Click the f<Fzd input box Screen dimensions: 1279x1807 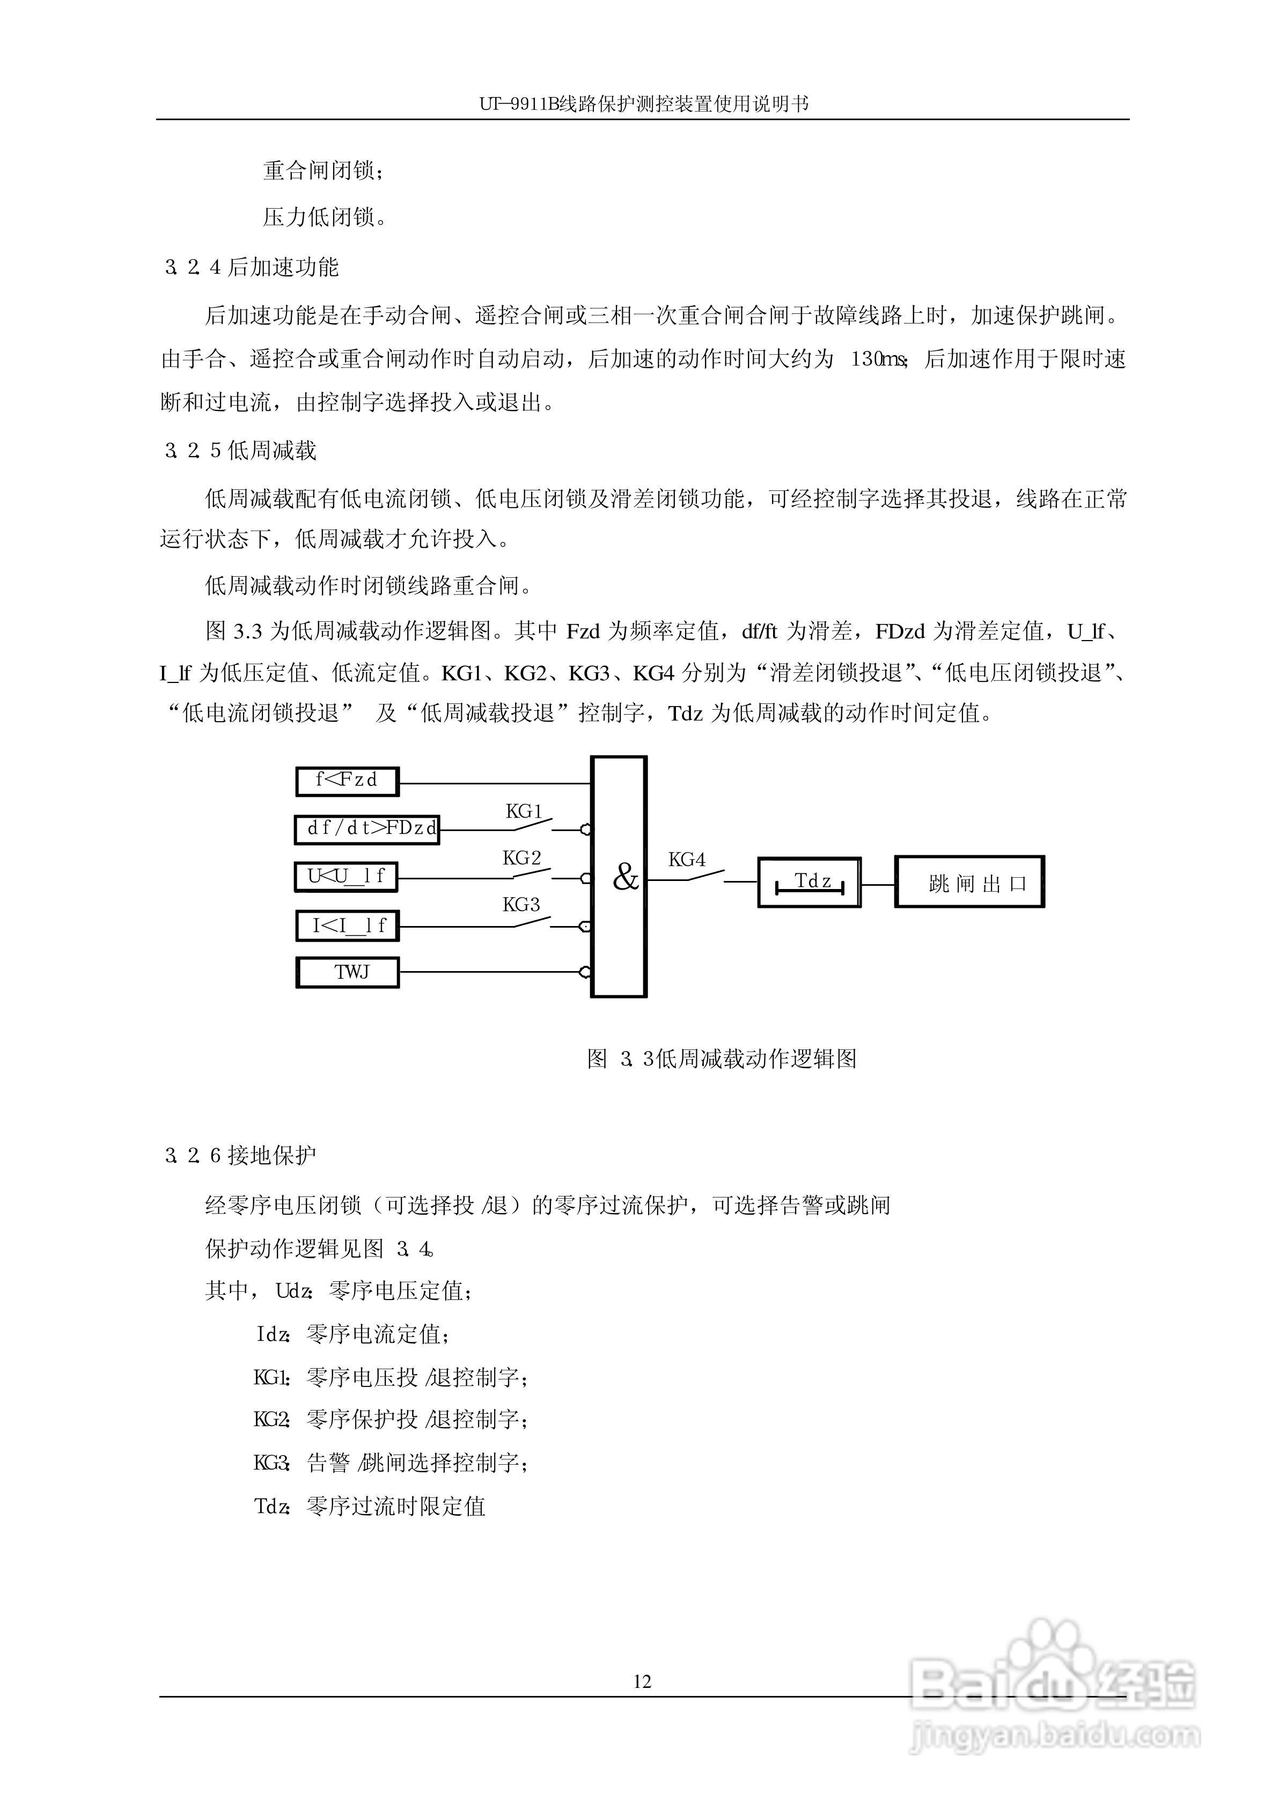click(347, 781)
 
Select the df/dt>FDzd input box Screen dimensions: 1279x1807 click(367, 829)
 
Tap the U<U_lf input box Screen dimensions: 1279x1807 click(346, 876)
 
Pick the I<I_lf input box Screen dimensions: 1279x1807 click(347, 925)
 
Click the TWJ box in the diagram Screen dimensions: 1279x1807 click(347, 972)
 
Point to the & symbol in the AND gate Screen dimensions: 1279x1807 click(626, 877)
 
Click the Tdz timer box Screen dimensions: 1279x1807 click(809, 883)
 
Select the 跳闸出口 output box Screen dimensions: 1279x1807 click(969, 883)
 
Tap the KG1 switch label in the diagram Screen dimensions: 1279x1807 click(524, 812)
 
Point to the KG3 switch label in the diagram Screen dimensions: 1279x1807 click(521, 905)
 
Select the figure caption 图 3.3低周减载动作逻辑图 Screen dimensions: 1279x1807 click(722, 1059)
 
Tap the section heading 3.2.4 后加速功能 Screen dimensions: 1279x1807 click(252, 268)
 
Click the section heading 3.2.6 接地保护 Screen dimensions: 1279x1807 click(241, 1155)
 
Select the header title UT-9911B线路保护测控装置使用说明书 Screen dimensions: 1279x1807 click(643, 104)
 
